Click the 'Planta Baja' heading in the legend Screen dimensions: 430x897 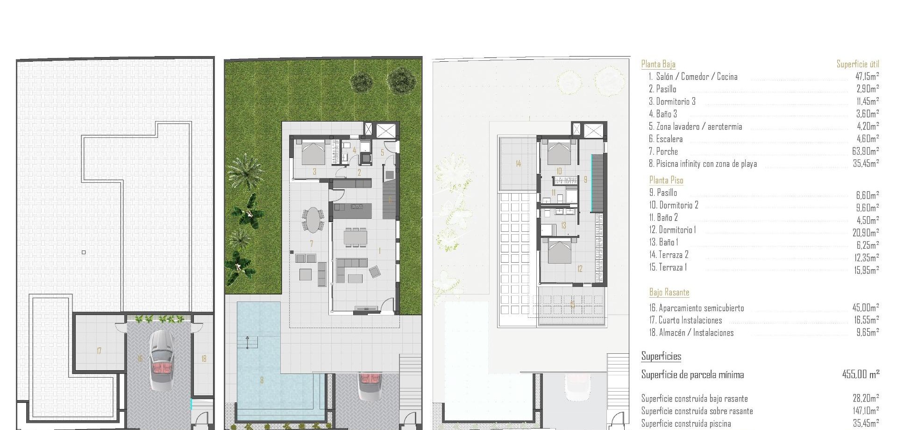coord(658,64)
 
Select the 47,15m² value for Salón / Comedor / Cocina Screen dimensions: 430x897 coord(867,77)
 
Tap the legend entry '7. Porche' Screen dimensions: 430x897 coord(663,151)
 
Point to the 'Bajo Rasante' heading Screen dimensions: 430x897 coord(669,293)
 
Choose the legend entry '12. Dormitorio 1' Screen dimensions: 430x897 coord(673,230)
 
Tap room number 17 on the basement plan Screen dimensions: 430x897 coord(99,351)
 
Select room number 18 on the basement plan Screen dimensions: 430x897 coord(204,359)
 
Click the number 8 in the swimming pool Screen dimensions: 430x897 coord(262,380)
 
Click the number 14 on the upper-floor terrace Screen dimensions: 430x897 coord(518,164)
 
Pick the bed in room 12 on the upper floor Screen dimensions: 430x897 coord(559,251)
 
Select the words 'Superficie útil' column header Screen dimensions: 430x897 coord(858,64)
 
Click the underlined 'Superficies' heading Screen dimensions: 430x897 coord(661,357)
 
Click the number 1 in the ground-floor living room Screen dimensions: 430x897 coord(379,251)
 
